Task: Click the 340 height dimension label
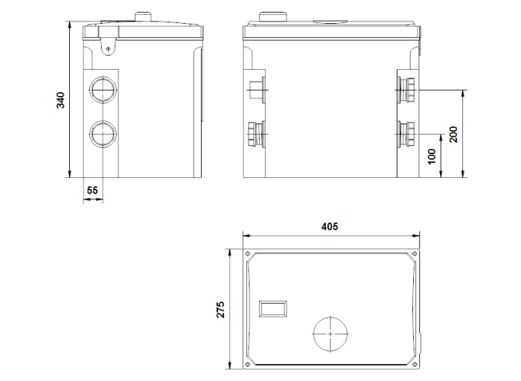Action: [x=61, y=100]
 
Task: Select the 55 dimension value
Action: [x=92, y=190]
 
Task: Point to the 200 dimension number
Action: [x=453, y=134]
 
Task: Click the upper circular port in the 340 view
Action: [x=102, y=91]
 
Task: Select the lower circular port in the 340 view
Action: [x=102, y=134]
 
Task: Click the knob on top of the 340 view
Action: [x=143, y=16]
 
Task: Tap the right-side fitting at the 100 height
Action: [x=409, y=134]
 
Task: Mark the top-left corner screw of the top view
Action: [x=248, y=253]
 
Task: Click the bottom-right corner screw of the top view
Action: [x=415, y=365]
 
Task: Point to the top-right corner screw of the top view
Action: [x=415, y=253]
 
